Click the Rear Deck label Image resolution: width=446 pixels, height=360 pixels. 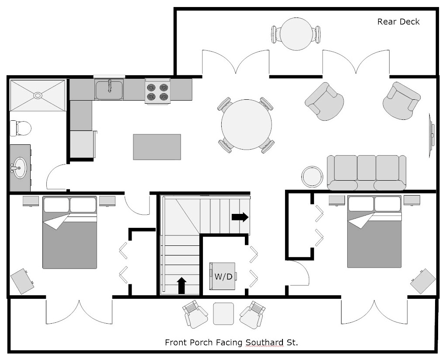point(398,22)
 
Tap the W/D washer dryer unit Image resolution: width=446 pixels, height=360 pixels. point(223,276)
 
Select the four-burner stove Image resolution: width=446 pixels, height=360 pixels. point(158,92)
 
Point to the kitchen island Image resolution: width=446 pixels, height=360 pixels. point(157,147)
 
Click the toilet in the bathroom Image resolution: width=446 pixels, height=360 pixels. point(21,128)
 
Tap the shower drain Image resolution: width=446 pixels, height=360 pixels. point(38,94)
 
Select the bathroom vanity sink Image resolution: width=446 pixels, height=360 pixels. point(19,168)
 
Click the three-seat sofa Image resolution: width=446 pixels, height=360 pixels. point(366,172)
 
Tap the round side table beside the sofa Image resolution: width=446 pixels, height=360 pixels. point(313,177)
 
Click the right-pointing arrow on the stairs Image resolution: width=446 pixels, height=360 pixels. point(240,217)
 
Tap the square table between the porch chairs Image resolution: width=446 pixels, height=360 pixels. point(224,314)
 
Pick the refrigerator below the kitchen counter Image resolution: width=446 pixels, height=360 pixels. point(83,143)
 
